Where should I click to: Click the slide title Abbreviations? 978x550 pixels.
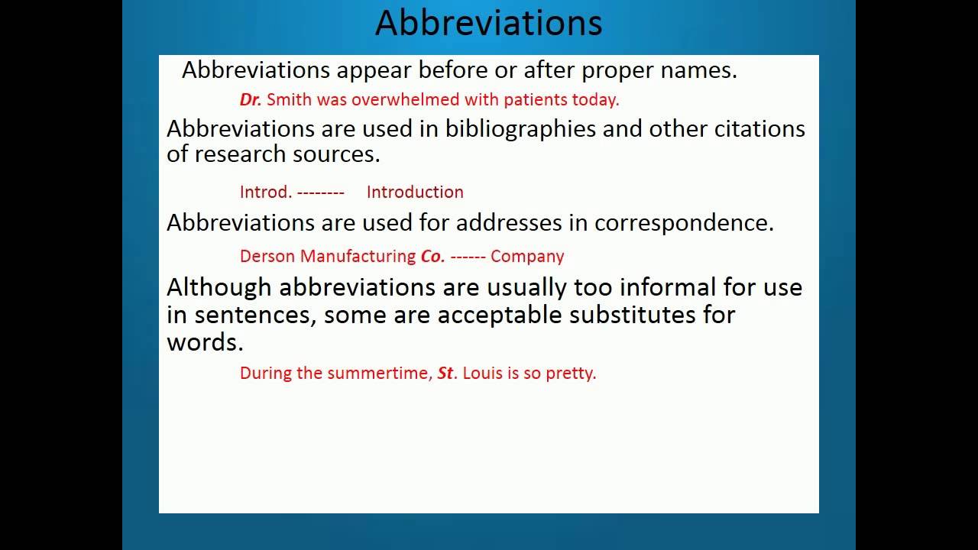(488, 23)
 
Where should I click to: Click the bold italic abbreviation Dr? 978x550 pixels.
(251, 99)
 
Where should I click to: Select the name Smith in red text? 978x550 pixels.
(289, 99)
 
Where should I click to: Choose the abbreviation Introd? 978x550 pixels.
(265, 192)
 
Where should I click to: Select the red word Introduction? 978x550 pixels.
(415, 192)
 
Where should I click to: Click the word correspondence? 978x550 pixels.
(684, 223)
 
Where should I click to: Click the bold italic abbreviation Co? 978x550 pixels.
(432, 257)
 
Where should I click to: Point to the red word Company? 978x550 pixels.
(527, 257)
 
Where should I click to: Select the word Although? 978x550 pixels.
(219, 288)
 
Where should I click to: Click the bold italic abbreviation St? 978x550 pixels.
(446, 374)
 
